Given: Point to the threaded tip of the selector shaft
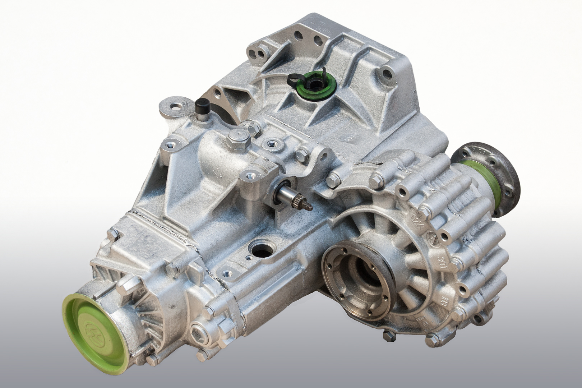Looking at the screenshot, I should click(x=308, y=206).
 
